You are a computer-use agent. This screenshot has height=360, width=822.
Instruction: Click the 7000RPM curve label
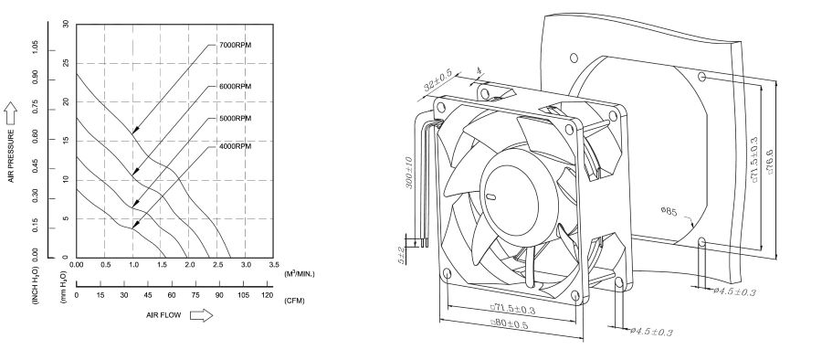tap(234, 45)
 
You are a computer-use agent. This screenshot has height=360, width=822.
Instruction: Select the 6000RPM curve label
tap(234, 86)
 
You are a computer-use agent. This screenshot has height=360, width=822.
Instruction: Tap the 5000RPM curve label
tap(234, 119)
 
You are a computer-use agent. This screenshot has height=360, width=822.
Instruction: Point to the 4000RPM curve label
tap(234, 146)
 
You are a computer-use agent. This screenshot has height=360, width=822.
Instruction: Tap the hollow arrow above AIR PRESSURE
tap(12, 111)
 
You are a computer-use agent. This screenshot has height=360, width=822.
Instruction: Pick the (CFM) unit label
tap(294, 300)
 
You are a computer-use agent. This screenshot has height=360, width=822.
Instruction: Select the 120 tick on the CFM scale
tap(267, 296)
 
